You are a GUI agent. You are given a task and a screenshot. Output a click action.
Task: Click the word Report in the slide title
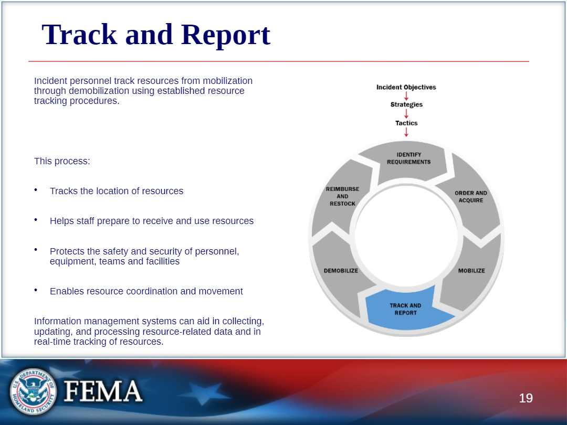226,35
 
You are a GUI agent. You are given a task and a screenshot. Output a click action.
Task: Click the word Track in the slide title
80,35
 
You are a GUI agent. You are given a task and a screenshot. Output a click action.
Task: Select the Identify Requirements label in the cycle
408,158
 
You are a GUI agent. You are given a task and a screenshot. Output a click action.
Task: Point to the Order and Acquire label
471,197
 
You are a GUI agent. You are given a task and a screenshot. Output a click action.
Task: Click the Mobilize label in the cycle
471,271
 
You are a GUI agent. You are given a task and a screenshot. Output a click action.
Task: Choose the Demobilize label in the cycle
341,271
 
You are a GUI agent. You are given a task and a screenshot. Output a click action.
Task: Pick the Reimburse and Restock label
342,196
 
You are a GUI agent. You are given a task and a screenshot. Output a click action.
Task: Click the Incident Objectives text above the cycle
406,87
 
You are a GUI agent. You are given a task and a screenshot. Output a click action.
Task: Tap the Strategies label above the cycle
406,104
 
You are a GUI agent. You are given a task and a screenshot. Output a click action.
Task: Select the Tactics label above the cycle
406,123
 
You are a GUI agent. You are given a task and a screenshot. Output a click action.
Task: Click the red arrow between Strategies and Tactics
406,114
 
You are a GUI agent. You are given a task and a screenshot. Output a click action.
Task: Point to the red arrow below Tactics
406,132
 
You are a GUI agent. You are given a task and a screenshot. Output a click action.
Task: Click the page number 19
526,398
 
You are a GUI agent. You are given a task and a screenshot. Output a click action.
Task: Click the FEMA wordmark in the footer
103,391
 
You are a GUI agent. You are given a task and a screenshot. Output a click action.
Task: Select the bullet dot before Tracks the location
36,189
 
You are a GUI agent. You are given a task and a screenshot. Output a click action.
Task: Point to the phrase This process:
62,161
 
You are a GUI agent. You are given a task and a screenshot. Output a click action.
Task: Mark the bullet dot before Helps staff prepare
36,219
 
